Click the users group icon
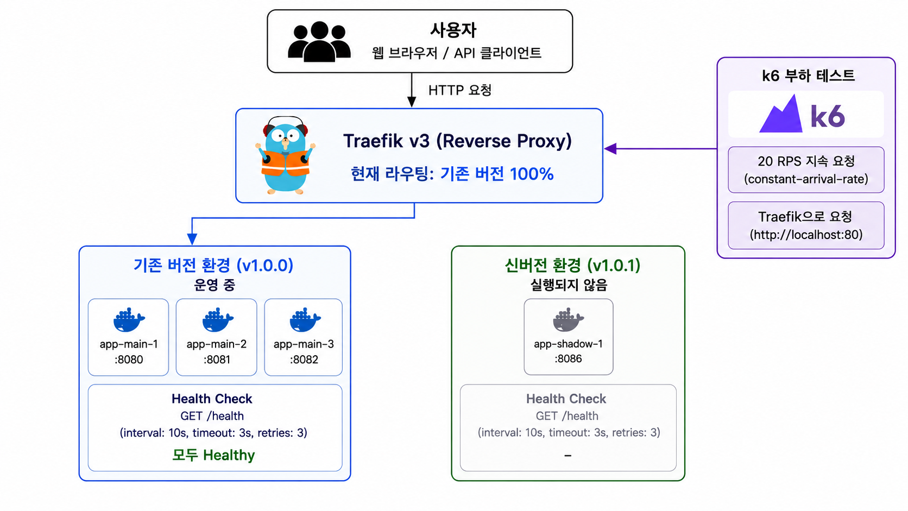[x=319, y=41]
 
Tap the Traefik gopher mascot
[x=285, y=156]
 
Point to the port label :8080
[x=129, y=359]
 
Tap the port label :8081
[x=217, y=359]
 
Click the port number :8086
[x=568, y=358]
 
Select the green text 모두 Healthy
[x=213, y=455]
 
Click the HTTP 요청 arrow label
[x=459, y=90]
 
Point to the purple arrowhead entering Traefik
[x=610, y=149]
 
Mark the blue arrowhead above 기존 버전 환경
[x=192, y=239]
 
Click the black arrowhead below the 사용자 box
[x=412, y=102]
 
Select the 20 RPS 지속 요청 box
[x=806, y=170]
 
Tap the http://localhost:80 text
[x=806, y=235]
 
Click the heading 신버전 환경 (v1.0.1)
[x=572, y=266]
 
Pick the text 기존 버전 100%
[x=497, y=174]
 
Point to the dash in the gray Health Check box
[x=568, y=456]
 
